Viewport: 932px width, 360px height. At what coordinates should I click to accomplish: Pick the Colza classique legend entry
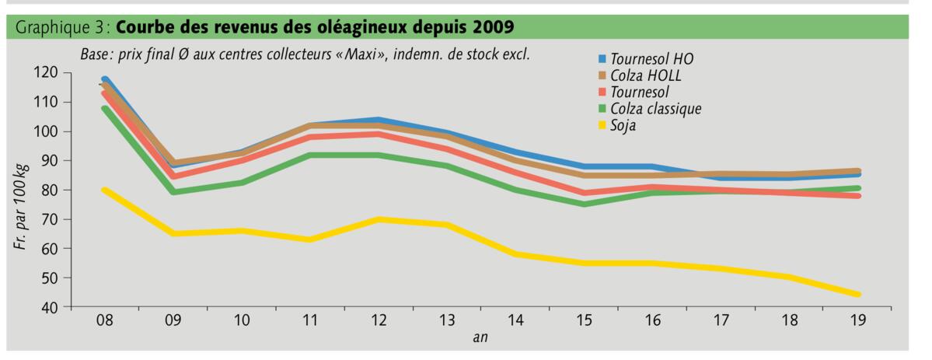coord(655,108)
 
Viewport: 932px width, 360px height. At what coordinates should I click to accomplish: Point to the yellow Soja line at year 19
coord(858,295)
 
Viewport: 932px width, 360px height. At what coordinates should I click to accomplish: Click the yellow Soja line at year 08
coord(104,190)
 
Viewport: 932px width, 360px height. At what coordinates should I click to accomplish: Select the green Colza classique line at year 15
coord(584,204)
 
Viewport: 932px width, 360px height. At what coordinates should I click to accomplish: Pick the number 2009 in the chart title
coord(489,27)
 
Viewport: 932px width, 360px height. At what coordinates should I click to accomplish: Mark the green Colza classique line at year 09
coord(173,192)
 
